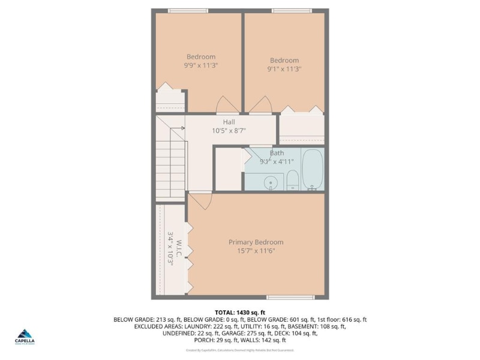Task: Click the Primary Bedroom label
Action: pyautogui.click(x=256, y=242)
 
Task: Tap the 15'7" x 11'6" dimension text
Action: pyautogui.click(x=256, y=251)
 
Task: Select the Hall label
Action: pyautogui.click(x=229, y=122)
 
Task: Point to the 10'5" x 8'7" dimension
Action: pyautogui.click(x=229, y=131)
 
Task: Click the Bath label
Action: pyautogui.click(x=277, y=153)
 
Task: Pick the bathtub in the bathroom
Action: pyautogui.click(x=312, y=169)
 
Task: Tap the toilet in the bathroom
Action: pyautogui.click(x=293, y=179)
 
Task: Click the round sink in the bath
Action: pyautogui.click(x=271, y=182)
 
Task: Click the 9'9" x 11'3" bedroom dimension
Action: pyautogui.click(x=200, y=65)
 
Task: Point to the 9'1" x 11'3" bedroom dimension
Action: pyautogui.click(x=284, y=69)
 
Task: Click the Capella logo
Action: pyautogui.click(x=25, y=336)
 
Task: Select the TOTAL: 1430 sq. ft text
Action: pyautogui.click(x=239, y=313)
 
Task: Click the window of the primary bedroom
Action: pyautogui.click(x=290, y=297)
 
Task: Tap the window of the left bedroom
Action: pyautogui.click(x=188, y=10)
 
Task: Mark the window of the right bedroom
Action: pyautogui.click(x=292, y=10)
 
